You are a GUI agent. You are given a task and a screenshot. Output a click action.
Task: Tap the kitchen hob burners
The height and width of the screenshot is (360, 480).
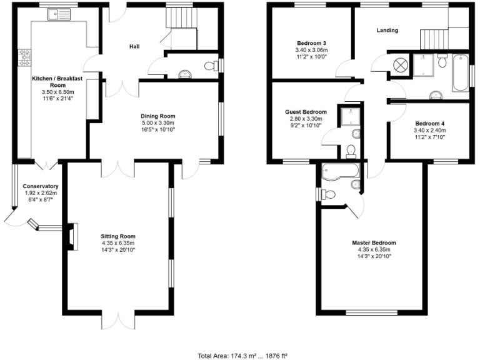pos(25,57)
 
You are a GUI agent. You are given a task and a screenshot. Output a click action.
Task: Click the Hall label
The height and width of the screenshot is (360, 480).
pos(134,47)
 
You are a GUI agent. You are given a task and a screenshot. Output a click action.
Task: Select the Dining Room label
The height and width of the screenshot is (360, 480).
pos(157,116)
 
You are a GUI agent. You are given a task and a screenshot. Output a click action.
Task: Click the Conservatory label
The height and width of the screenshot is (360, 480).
pos(41,186)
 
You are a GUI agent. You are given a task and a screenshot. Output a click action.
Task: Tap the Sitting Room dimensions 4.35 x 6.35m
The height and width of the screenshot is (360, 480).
pos(118,243)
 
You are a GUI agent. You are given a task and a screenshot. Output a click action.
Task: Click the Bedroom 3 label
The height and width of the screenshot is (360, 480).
pos(312,43)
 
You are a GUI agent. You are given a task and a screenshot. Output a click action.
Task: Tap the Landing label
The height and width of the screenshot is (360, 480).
pos(387,30)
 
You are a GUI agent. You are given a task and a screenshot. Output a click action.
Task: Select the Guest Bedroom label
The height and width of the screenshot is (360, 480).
pos(306,112)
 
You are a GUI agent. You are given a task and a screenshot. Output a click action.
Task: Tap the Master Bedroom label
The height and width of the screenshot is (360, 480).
pos(373,242)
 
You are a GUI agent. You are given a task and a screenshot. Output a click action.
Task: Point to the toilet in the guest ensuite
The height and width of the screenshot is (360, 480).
pos(351,151)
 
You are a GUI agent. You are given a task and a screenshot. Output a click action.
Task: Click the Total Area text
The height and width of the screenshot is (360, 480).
pos(242,356)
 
